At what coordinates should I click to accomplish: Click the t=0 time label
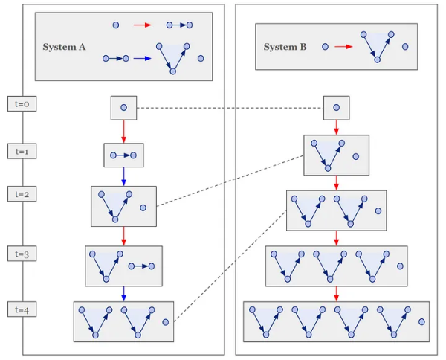[x=22, y=104]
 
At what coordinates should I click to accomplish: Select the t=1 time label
[x=22, y=151]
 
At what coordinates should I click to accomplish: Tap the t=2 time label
[x=22, y=194]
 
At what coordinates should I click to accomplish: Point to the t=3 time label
[x=22, y=254]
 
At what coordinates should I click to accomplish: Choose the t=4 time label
[x=22, y=308]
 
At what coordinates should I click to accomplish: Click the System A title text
[x=64, y=47]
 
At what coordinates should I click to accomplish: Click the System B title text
[x=285, y=47]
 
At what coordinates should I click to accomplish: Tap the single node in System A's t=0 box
[x=123, y=108]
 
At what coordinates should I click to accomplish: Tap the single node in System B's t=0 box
[x=336, y=108]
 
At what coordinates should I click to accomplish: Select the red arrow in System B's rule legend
[x=343, y=47]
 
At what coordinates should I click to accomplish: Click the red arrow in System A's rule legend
[x=142, y=25]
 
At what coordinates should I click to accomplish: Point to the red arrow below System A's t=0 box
[x=123, y=131]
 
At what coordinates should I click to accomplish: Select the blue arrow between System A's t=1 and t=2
[x=123, y=176]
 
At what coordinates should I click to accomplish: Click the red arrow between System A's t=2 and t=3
[x=123, y=236]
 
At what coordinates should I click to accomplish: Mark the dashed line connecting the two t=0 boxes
[x=230, y=108]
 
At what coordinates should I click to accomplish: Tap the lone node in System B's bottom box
[x=421, y=322]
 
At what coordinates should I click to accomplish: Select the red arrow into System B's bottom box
[x=336, y=293]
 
